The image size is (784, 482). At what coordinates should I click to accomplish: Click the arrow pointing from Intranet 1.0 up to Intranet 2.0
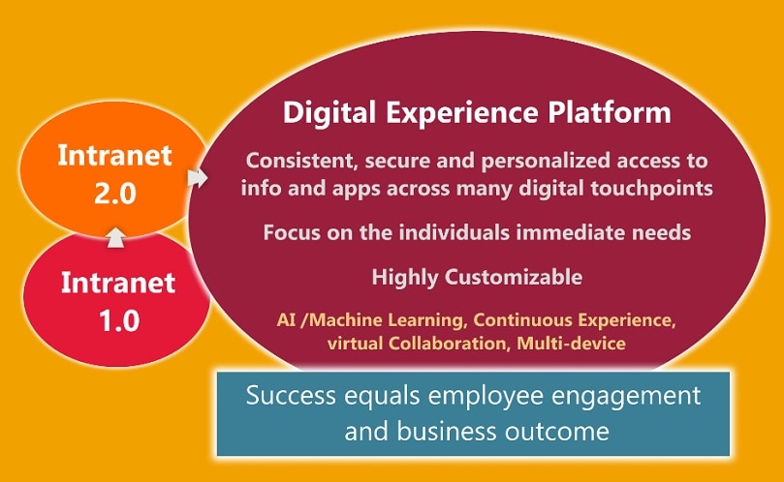click(115, 238)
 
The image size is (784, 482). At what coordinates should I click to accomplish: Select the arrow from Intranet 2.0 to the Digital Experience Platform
click(198, 178)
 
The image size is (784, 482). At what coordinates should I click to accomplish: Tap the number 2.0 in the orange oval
click(115, 194)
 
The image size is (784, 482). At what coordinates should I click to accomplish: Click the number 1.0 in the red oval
click(119, 321)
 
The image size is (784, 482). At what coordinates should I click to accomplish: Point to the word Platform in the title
click(609, 113)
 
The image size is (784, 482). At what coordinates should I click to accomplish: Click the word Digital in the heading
click(329, 113)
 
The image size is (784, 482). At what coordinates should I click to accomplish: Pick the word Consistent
click(301, 162)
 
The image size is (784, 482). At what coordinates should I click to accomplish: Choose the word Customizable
click(514, 277)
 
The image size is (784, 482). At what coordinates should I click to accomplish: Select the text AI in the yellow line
click(286, 319)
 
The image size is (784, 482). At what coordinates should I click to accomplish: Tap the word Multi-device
click(571, 344)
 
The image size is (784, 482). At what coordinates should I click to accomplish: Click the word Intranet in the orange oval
click(115, 155)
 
